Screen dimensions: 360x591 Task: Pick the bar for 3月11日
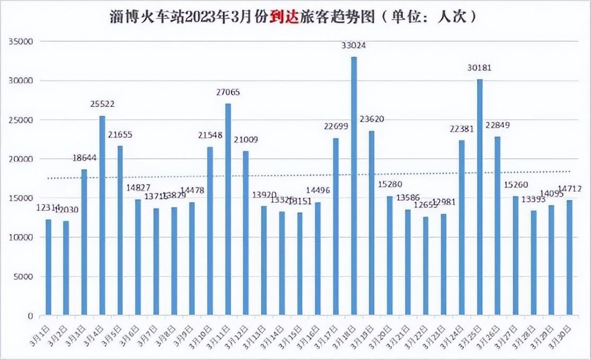[x=228, y=210]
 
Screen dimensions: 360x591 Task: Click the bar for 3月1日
[x=48, y=267]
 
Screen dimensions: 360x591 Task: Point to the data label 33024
[x=354, y=46]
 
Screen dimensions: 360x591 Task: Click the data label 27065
[x=228, y=92]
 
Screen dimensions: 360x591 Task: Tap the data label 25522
[x=102, y=104]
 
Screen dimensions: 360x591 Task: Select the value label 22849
[x=498, y=125]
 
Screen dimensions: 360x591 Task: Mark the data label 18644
[x=84, y=158]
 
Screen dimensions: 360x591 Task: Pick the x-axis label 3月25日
[x=473, y=335]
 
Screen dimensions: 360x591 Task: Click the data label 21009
[x=246, y=140]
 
